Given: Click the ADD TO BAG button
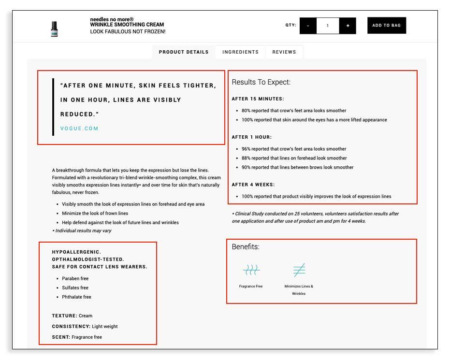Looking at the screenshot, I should coord(386,26).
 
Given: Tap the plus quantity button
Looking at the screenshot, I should coord(348,26).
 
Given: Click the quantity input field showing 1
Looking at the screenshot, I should coord(328,26).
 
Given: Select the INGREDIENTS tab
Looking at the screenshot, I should coord(240,52).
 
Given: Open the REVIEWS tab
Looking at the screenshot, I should coord(284,52).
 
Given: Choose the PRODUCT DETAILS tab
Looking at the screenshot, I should coord(184,52).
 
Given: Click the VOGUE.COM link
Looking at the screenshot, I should coord(79,129).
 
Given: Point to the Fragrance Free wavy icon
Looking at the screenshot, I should coord(251,270).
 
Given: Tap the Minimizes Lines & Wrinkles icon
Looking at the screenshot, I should coord(299,270).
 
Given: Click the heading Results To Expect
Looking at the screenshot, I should coord(261,82).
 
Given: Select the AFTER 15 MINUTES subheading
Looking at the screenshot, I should coord(258,99).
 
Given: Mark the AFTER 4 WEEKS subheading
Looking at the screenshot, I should coord(254,185).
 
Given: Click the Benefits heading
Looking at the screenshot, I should coord(246,247).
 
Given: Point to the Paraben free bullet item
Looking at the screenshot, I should coord(75,278).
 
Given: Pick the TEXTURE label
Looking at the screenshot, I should coord(64,316).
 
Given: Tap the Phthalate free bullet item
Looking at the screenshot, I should coord(76,297).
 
